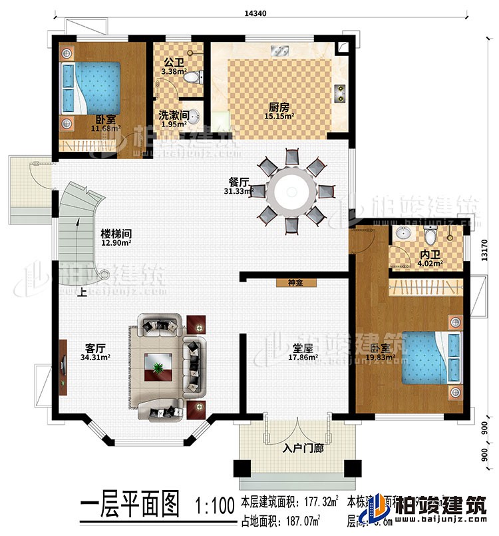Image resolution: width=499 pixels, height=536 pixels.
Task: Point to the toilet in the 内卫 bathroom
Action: (x=430, y=235)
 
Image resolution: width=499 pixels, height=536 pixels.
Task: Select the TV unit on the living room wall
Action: (x=63, y=367)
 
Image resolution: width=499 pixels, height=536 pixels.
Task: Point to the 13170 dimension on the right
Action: (x=485, y=249)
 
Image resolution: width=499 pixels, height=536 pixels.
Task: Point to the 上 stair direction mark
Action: (x=81, y=291)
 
